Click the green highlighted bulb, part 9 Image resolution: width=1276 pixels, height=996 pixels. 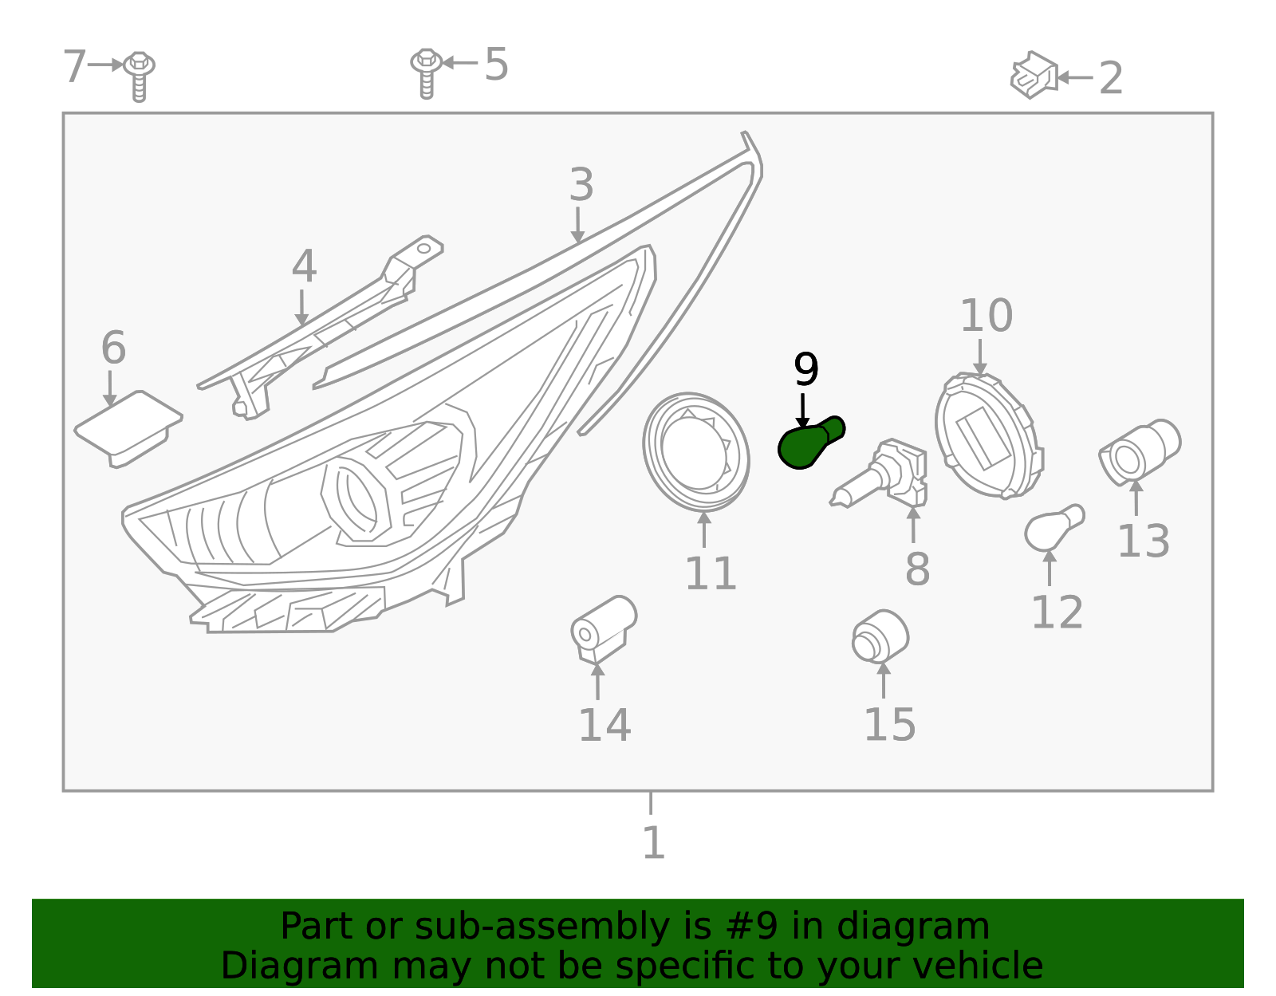(x=807, y=443)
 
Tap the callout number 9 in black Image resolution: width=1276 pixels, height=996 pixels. (x=805, y=370)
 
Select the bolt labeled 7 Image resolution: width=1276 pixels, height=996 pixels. (x=140, y=75)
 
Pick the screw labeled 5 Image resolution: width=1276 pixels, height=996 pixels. (x=427, y=72)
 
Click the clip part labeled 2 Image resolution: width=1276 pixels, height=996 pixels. (x=1034, y=76)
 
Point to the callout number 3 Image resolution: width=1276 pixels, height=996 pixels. (x=581, y=185)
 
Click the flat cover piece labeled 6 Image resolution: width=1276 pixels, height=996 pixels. (x=128, y=427)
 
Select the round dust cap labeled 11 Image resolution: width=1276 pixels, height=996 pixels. (x=695, y=452)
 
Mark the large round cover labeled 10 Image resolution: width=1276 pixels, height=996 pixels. (x=989, y=436)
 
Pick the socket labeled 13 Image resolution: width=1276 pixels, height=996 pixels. (x=1139, y=452)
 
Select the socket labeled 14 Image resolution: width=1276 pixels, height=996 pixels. (x=603, y=629)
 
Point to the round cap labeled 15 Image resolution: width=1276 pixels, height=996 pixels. (x=880, y=637)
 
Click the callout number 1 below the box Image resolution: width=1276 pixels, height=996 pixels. (x=653, y=842)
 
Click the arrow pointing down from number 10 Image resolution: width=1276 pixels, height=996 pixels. (x=980, y=357)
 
